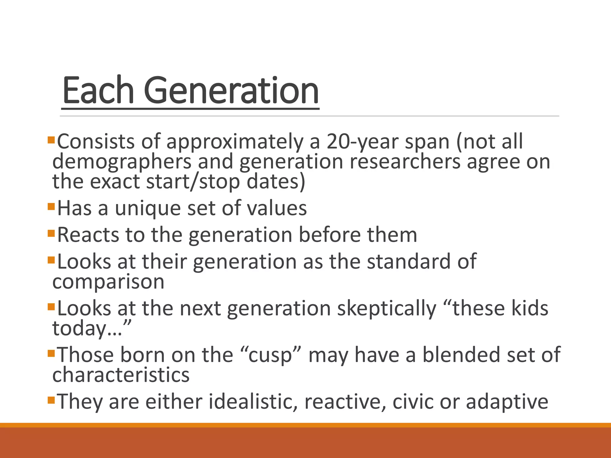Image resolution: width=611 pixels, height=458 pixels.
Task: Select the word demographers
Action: [122, 162]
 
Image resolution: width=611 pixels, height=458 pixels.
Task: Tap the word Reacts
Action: [88, 235]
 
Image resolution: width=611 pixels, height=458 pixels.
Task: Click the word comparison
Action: [108, 282]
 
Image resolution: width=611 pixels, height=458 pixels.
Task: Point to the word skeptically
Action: [387, 308]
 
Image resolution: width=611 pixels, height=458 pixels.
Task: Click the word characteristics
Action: [121, 375]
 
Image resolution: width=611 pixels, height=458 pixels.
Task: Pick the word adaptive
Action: [507, 402]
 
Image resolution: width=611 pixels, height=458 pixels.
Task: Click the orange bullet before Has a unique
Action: [51, 206]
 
